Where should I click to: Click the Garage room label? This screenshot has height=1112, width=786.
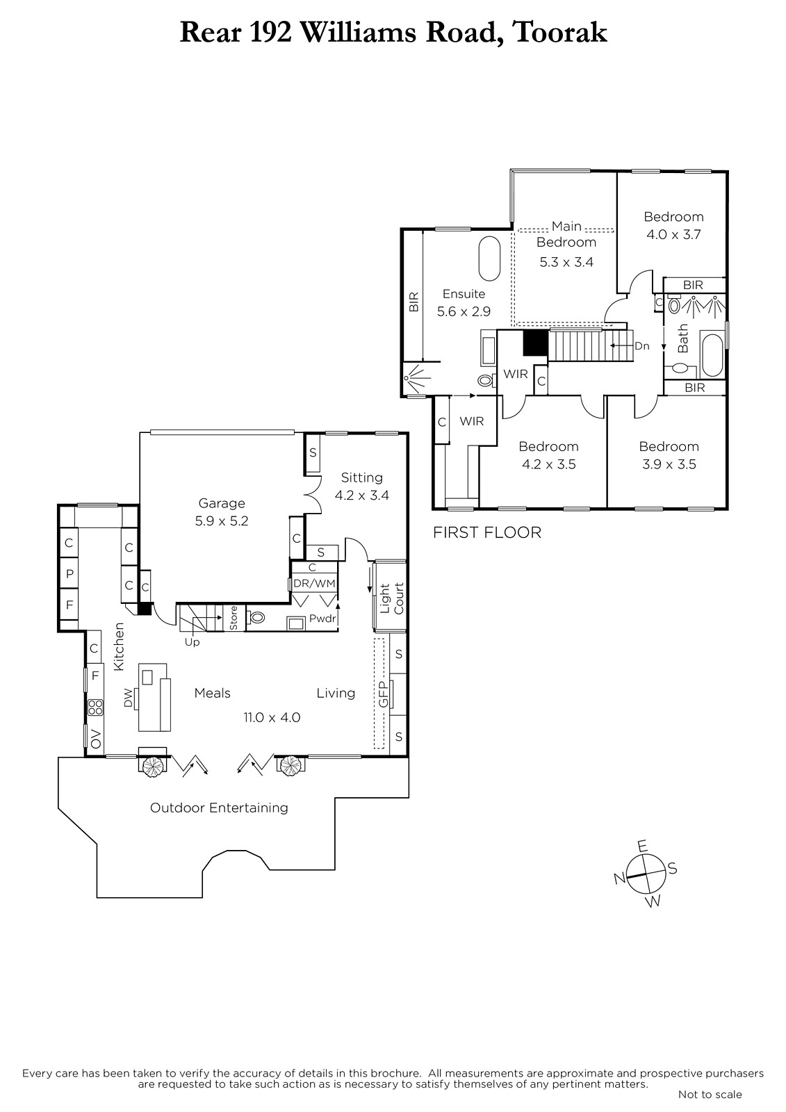[222, 503]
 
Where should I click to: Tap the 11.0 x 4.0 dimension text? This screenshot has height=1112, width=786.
[272, 717]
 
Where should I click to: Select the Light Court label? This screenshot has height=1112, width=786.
[392, 598]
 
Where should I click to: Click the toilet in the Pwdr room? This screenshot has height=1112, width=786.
[256, 618]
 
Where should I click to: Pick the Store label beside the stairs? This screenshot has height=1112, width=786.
[234, 618]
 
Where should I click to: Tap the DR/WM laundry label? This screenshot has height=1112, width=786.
[314, 583]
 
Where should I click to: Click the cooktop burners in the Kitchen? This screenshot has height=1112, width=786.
[95, 708]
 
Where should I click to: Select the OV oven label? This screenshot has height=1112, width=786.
[95, 738]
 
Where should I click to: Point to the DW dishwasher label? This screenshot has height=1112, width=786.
[129, 698]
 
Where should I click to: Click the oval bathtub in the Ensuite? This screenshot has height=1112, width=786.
[489, 259]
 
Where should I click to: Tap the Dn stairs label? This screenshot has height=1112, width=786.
[642, 346]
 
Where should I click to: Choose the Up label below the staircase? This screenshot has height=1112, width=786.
[192, 642]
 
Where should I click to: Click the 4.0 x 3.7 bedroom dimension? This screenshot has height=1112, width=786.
[673, 234]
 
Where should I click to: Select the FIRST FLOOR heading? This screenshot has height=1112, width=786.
[487, 532]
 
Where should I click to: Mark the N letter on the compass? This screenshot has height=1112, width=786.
[619, 878]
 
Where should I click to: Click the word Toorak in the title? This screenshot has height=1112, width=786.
[559, 33]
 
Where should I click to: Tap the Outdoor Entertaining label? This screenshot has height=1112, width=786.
[219, 808]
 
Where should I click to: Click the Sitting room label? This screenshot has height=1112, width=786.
[361, 477]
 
